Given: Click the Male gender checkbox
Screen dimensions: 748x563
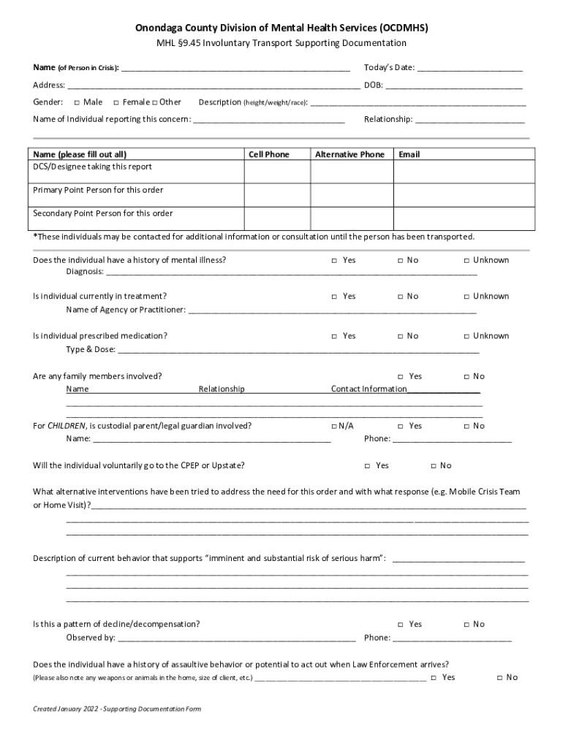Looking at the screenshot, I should click(x=77, y=102).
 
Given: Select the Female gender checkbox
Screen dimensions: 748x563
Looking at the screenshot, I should click(x=116, y=102).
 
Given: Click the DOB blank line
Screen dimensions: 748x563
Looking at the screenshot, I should click(x=454, y=86).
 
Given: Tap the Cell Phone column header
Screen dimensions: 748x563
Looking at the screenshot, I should click(x=269, y=155).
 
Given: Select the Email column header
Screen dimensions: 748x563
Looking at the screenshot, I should click(x=409, y=155).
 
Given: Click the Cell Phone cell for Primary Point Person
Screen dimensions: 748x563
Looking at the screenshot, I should click(x=276, y=194).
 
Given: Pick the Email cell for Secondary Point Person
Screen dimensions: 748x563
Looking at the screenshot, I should click(x=461, y=218).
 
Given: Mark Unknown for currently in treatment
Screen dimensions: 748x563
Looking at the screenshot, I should click(x=466, y=297).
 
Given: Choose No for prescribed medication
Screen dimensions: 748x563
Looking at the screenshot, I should click(x=400, y=337).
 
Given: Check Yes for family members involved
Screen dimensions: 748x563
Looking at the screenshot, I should click(x=400, y=377).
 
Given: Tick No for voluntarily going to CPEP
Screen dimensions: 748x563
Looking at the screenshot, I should click(x=433, y=466).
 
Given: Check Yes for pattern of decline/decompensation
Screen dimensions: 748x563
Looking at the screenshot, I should click(x=400, y=625).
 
